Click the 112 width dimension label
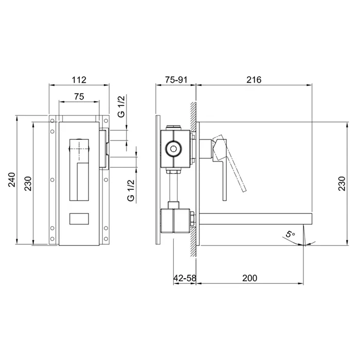(79, 80)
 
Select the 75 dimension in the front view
(79, 97)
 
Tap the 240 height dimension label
(12, 180)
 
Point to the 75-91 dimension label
(176, 80)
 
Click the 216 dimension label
(254, 80)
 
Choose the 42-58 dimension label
(185, 278)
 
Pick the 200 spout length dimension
(250, 278)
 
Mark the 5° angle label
(290, 234)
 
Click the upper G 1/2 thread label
(121, 106)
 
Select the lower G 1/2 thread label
(131, 191)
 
